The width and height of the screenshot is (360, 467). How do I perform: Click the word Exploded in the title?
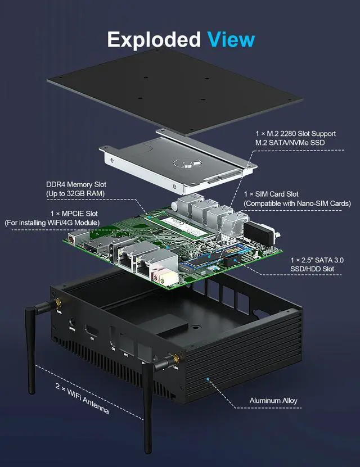pyautogui.click(x=153, y=39)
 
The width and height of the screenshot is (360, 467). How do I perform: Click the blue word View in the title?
pyautogui.click(x=231, y=39)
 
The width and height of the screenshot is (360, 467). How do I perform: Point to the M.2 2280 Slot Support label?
pyautogui.click(x=295, y=134)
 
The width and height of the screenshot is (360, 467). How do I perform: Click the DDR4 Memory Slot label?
pyautogui.click(x=76, y=184)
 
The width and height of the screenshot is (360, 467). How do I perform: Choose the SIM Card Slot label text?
pyautogui.click(x=276, y=193)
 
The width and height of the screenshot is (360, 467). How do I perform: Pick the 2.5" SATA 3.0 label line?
pyautogui.click(x=320, y=260)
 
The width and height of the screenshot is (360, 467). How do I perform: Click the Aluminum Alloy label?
pyautogui.click(x=273, y=401)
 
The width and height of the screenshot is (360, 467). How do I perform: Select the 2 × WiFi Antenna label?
pyautogui.click(x=82, y=398)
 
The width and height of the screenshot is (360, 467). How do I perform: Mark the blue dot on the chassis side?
pyautogui.click(x=208, y=380)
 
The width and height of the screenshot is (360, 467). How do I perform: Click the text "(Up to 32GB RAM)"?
pyautogui.click(x=76, y=194)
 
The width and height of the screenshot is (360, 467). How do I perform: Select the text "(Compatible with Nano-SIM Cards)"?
pyautogui.click(x=297, y=203)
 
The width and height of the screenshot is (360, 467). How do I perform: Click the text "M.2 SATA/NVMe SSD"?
pyautogui.click(x=290, y=143)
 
